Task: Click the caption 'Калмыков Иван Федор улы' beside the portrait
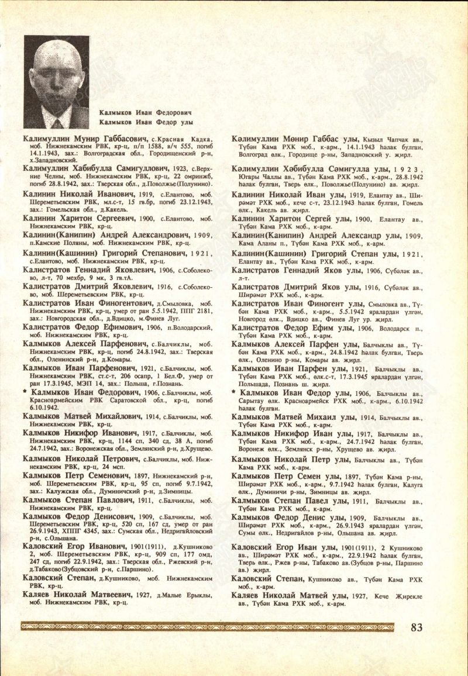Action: pos(146,122)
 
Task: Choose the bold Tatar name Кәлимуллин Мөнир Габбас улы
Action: pos(295,138)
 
